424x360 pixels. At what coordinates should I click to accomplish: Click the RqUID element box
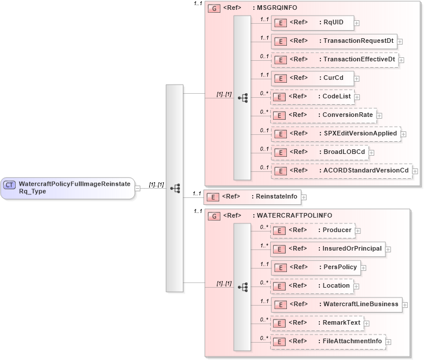coord(312,23)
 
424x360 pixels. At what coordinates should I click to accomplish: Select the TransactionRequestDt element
coord(334,41)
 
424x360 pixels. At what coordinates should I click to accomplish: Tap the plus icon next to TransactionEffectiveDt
coord(401,60)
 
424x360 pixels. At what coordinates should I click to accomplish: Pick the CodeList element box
coord(312,97)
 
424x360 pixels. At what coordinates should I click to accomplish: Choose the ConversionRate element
coord(323,115)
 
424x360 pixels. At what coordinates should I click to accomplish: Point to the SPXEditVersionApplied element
coord(335,134)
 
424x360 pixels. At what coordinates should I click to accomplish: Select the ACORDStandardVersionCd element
coord(341,171)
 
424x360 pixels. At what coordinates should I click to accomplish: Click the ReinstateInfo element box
coord(252,197)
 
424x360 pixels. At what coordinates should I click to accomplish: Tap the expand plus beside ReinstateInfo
coord(304,197)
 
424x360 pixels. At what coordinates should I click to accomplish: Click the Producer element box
coord(312,230)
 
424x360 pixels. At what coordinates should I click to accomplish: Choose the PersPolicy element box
coord(316,267)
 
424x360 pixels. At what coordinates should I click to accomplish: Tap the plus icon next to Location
coord(357,286)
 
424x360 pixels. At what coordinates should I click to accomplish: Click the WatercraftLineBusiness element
coord(336,304)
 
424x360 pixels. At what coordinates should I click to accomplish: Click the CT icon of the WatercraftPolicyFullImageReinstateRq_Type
coord(10,185)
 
